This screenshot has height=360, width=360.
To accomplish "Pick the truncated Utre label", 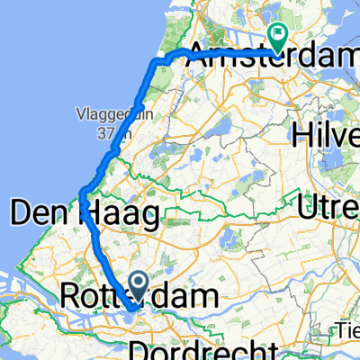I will pos(329,209).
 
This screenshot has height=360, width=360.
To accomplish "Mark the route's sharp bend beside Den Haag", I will pos(83,192).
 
